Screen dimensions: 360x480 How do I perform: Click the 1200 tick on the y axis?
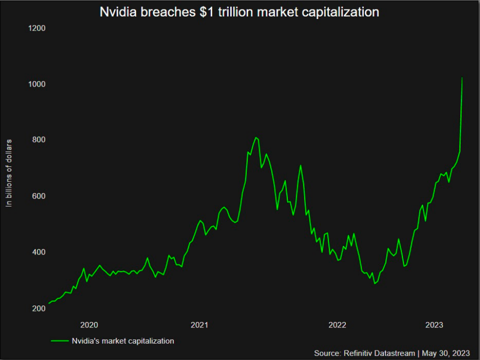(37, 28)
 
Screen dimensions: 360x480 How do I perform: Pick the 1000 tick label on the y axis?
(37, 84)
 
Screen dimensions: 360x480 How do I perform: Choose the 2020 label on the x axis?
(89, 325)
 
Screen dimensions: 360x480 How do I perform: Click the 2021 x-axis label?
(199, 325)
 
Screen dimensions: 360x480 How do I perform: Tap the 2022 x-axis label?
(337, 325)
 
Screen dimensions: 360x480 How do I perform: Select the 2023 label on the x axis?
(434, 325)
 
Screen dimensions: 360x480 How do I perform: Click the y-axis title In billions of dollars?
(9, 174)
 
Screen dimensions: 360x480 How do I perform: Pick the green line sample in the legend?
(60, 341)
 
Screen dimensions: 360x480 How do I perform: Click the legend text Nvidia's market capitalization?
(123, 341)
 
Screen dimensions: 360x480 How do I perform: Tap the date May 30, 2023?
(445, 353)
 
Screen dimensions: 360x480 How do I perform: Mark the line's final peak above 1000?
(462, 78)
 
